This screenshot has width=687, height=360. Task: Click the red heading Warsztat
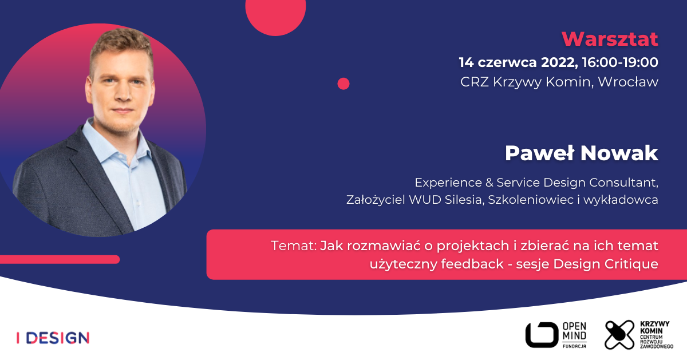pos(610,39)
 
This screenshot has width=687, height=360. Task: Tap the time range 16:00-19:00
pos(620,62)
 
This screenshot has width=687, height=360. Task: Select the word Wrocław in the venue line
pos(628,82)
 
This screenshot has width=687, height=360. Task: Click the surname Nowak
pos(619,153)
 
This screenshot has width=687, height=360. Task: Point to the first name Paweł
pos(539,153)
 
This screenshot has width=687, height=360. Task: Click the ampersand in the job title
pos(489,183)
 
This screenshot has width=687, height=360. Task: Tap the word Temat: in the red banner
pos(294,246)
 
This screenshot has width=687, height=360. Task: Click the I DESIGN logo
pos(53,338)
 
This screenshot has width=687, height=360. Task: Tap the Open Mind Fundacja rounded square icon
pos(542,335)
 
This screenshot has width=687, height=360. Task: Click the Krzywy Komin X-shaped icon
pos(619,335)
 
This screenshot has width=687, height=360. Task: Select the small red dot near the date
pos(343,84)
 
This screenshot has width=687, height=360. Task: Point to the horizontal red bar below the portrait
pos(60,259)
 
